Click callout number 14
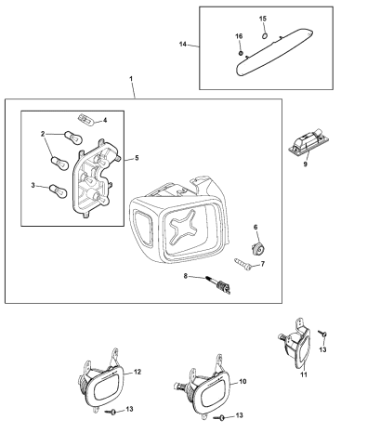pos(183,45)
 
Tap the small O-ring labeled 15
pos(265,36)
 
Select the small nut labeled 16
pos(241,53)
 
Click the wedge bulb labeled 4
pos(85,119)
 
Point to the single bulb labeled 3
pos(59,191)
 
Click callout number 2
pos(43,134)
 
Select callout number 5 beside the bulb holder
pos(137,158)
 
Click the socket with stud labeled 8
pos(218,285)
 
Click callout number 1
pos(131,79)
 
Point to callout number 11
pos(304,374)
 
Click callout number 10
pos(242,382)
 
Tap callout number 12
pos(138,372)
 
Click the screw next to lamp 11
pos(322,334)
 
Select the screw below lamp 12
pos(111,412)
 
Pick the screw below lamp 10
pos(219,418)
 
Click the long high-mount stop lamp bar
pos(275,52)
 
